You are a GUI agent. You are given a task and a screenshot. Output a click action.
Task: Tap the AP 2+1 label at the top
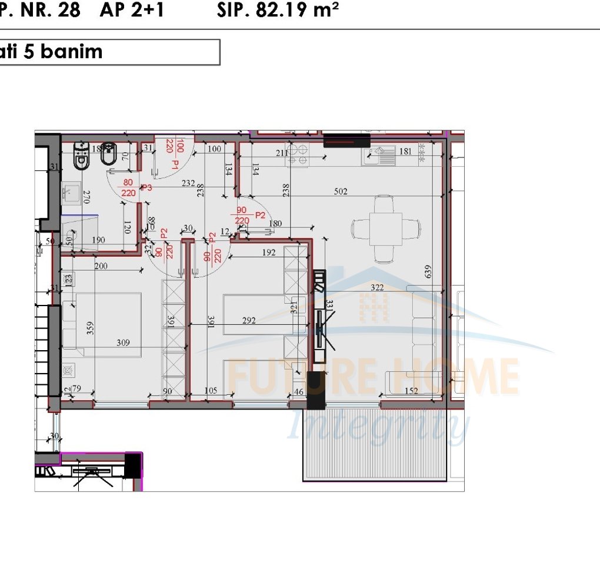(132, 11)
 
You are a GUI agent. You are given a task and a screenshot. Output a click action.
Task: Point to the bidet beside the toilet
(109, 155)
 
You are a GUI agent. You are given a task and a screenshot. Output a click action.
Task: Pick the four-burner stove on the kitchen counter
(297, 153)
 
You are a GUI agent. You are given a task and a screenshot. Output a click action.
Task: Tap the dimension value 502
(341, 192)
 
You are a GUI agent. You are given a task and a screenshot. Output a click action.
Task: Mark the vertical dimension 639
(428, 271)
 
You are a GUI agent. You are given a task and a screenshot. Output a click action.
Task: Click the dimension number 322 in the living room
(376, 287)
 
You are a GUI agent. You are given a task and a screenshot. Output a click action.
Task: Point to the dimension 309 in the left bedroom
(123, 343)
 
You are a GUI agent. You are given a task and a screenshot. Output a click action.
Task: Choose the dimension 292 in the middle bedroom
(249, 321)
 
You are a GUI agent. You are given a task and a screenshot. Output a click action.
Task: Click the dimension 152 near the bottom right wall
(411, 391)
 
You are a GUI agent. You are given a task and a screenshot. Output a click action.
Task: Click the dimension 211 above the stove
(282, 153)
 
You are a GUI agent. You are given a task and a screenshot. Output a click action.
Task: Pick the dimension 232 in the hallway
(188, 183)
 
